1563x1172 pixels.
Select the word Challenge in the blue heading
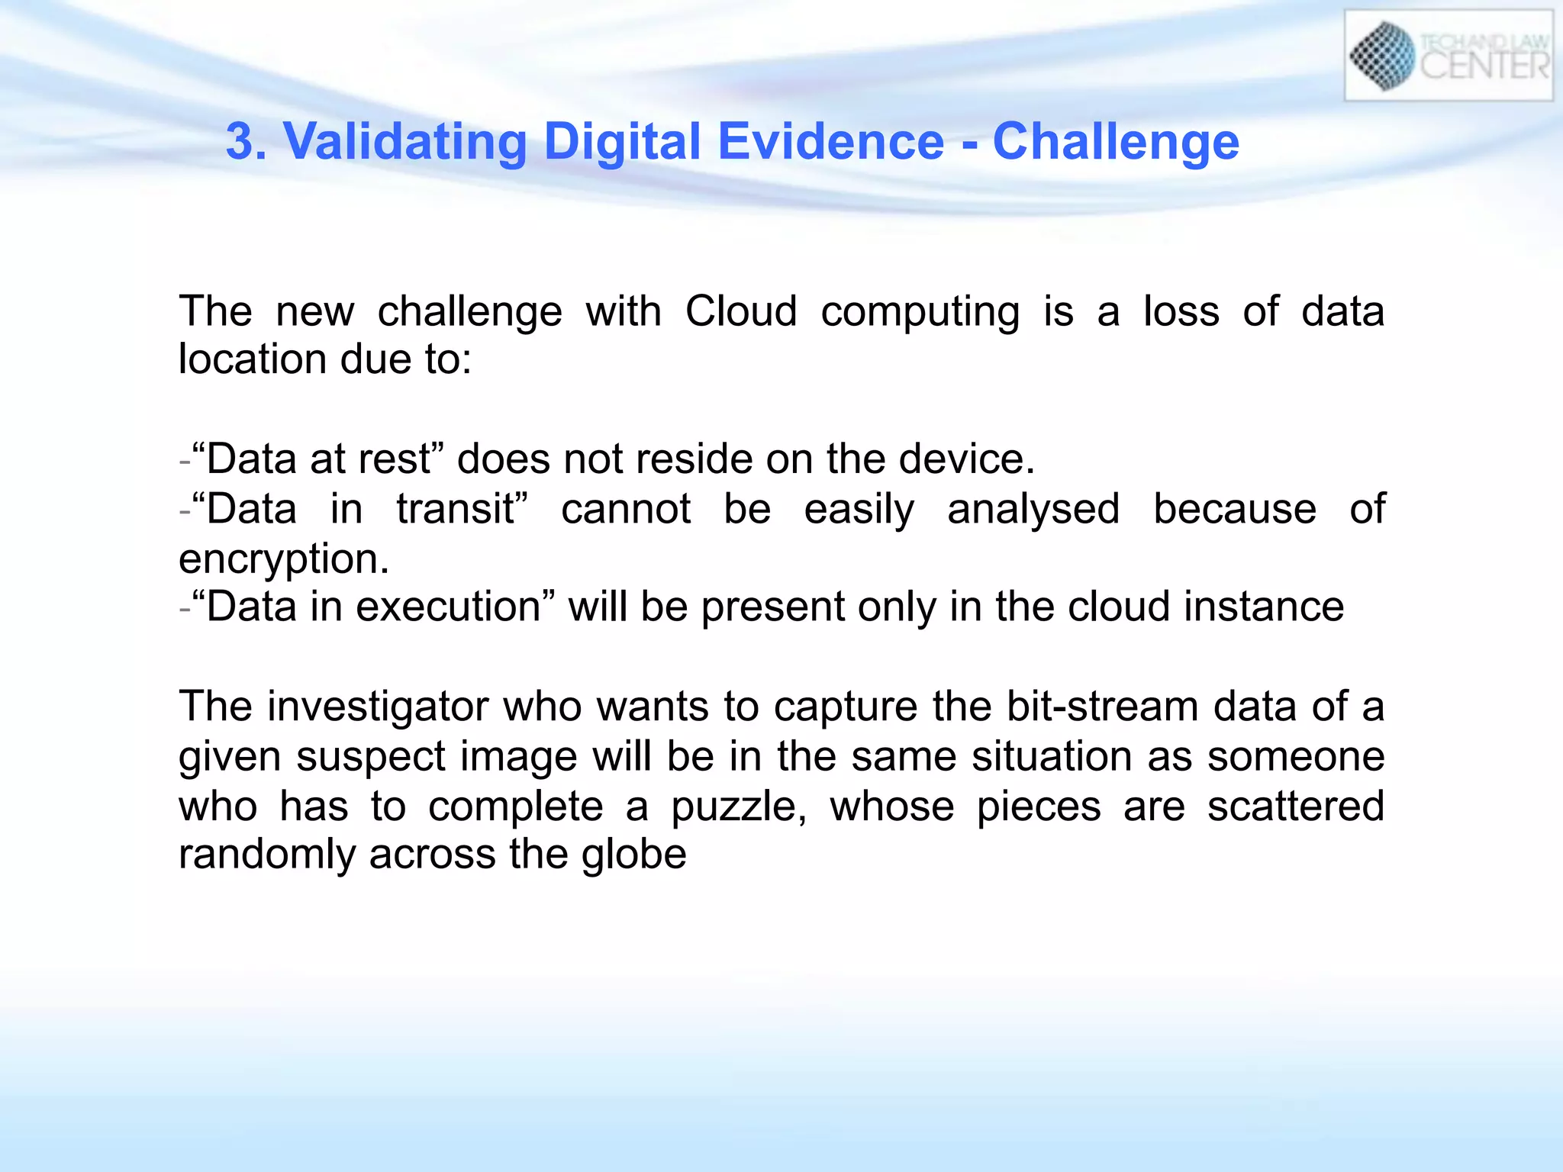(x=1116, y=143)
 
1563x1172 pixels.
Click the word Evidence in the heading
(x=831, y=142)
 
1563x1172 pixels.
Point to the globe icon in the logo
(x=1382, y=56)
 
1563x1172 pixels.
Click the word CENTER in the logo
(x=1484, y=66)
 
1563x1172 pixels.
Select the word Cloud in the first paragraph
(x=741, y=311)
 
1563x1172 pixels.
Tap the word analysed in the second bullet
(x=1033, y=510)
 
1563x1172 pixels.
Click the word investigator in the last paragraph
(x=378, y=707)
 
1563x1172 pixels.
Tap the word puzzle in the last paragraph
(x=736, y=807)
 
